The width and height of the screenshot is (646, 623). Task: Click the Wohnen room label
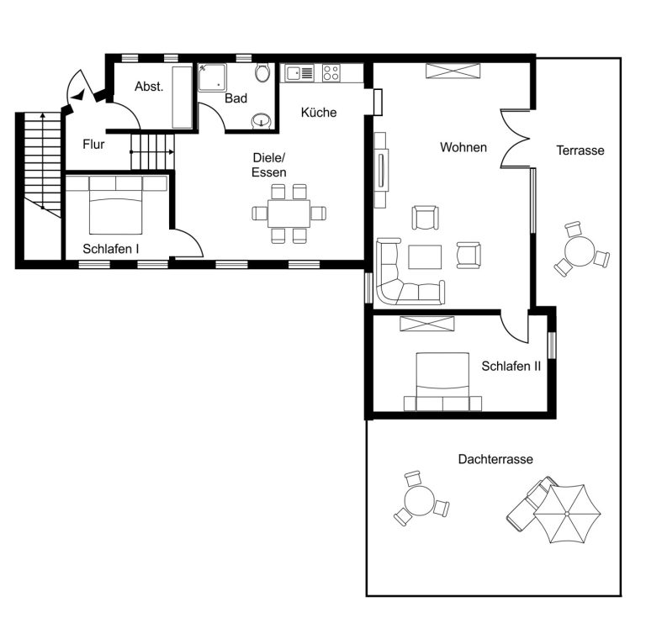[x=463, y=147]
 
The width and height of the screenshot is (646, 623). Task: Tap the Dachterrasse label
[x=495, y=459]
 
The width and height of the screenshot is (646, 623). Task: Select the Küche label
[x=319, y=112]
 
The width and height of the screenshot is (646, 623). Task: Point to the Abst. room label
[x=149, y=87]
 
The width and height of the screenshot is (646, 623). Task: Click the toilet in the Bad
[x=262, y=72]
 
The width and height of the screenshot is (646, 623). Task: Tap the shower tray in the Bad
[x=212, y=77]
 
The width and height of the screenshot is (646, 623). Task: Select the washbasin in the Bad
[x=262, y=120]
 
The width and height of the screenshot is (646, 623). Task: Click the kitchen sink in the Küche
[x=300, y=73]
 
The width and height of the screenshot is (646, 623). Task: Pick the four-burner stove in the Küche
[x=331, y=73]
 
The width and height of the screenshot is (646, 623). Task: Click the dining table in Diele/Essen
[x=289, y=214]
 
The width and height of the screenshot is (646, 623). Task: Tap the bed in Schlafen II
[x=442, y=382]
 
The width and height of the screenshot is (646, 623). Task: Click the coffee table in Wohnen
[x=425, y=256]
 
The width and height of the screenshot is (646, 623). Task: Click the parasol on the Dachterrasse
[x=567, y=514]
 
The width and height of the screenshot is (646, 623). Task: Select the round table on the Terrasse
[x=580, y=251]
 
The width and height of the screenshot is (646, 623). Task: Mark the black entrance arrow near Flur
[x=78, y=96]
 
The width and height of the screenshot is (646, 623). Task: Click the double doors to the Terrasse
[x=516, y=139]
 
